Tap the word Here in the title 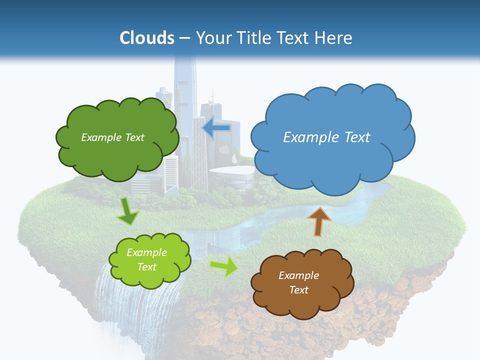point(334,38)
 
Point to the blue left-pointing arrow point(216,128)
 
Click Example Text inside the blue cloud point(326,137)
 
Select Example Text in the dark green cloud point(112,137)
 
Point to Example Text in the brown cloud point(298,282)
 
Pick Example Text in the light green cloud point(146,259)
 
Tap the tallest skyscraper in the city point(185,90)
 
